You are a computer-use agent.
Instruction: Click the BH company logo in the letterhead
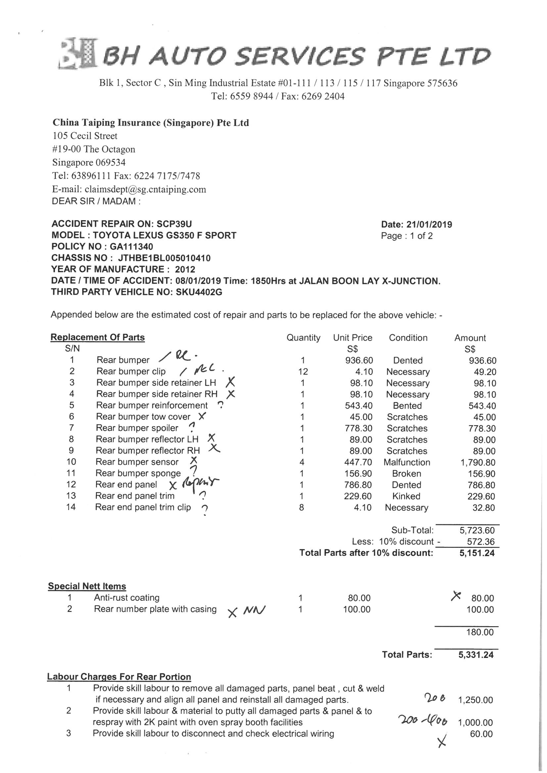pyautogui.click(x=78, y=54)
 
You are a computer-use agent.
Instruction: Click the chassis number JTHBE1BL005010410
pyautogui.click(x=164, y=258)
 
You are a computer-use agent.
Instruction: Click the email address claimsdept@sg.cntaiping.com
pyautogui.click(x=145, y=189)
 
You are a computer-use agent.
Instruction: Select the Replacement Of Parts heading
pyautogui.click(x=98, y=337)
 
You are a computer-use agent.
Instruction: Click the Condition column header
pyautogui.click(x=408, y=338)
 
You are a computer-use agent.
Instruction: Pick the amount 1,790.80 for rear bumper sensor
pyautogui.click(x=478, y=463)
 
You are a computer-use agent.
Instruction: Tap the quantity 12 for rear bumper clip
pyautogui.click(x=303, y=372)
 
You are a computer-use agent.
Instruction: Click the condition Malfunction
pyautogui.click(x=407, y=462)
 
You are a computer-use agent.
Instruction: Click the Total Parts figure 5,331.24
pyautogui.click(x=476, y=655)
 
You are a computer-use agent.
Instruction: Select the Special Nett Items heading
pyautogui.click(x=87, y=586)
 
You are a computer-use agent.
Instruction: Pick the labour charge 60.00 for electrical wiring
pyautogui.click(x=481, y=734)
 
